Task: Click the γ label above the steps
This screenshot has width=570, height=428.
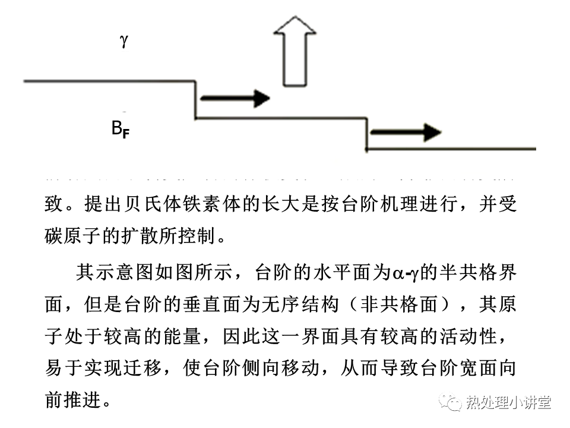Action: click(123, 41)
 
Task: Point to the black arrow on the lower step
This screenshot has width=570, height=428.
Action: click(406, 133)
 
